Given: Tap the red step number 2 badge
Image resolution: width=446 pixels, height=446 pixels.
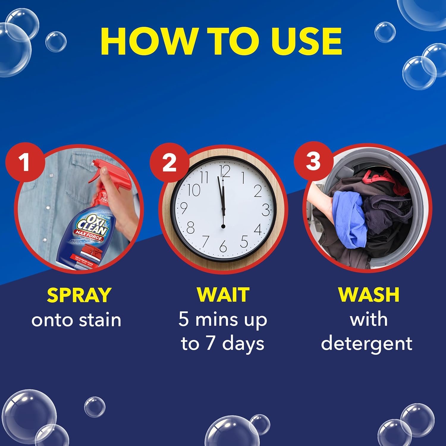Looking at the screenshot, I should pyautogui.click(x=169, y=162).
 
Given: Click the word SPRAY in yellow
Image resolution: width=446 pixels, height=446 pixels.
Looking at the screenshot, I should pyautogui.click(x=79, y=295).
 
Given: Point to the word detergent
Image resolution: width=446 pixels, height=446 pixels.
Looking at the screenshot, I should pyautogui.click(x=367, y=343).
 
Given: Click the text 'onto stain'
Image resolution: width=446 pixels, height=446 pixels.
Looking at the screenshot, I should pyautogui.click(x=76, y=320).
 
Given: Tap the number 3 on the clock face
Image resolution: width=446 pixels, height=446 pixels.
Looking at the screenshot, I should pyautogui.click(x=266, y=210).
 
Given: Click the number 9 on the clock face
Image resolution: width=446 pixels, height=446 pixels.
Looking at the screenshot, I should pyautogui.click(x=183, y=208).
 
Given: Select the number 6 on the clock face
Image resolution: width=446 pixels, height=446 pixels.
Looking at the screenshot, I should pyautogui.click(x=223, y=246).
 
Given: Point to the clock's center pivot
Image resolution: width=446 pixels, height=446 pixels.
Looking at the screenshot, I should pyautogui.click(x=223, y=227).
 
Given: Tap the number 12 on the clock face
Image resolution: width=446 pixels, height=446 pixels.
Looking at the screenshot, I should pyautogui.click(x=225, y=172).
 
